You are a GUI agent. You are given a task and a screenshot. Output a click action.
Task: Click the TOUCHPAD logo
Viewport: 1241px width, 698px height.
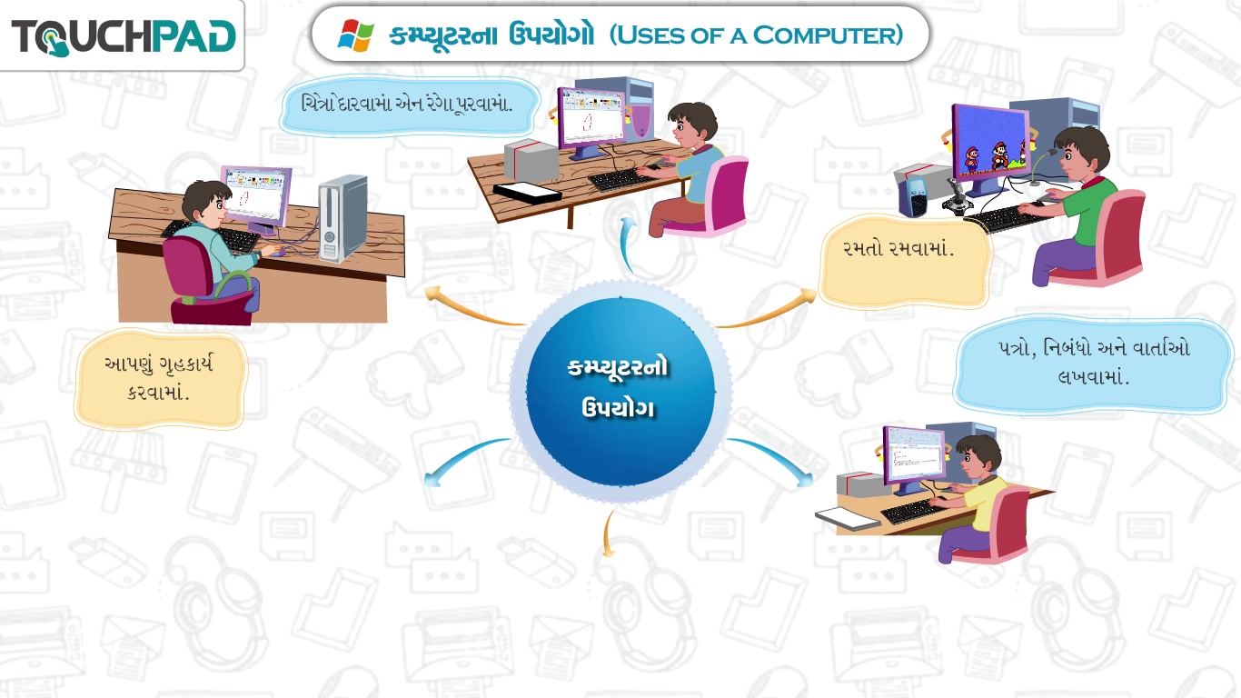tap(124, 37)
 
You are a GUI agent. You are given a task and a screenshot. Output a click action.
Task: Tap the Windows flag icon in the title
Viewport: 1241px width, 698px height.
tap(356, 35)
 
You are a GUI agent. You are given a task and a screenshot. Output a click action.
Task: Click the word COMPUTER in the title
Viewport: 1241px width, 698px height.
tap(829, 35)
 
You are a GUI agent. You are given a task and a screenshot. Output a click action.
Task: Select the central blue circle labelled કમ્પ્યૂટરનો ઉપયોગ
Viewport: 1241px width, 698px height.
tap(620, 392)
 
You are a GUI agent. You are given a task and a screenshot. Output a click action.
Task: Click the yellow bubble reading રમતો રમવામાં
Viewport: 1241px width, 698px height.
tap(904, 261)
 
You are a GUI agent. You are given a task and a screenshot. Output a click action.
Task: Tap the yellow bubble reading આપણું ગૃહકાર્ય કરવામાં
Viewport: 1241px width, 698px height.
tap(160, 379)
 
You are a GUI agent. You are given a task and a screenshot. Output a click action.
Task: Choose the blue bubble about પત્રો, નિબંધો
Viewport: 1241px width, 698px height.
tap(1093, 364)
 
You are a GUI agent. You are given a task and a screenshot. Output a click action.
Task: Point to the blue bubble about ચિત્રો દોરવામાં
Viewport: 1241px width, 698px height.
tap(409, 105)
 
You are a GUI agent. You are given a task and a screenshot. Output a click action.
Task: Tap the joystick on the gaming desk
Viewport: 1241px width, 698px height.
tap(957, 200)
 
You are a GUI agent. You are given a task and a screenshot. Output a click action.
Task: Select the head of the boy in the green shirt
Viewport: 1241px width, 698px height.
tap(1081, 153)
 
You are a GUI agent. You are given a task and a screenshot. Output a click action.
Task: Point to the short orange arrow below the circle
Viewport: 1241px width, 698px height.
tap(609, 533)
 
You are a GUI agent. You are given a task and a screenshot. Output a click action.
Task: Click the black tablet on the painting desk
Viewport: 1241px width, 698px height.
tap(527, 193)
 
